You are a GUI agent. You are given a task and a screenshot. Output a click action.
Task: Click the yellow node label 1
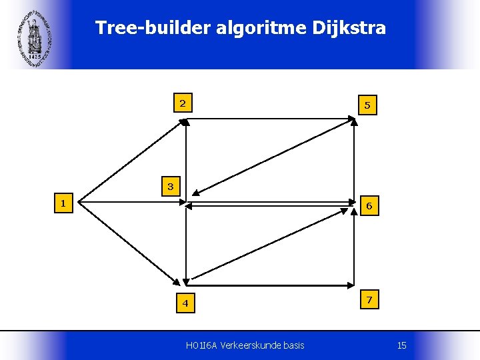point(62,203)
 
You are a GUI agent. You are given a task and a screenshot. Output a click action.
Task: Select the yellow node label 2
point(182,103)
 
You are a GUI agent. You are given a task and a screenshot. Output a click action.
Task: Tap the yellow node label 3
point(171,187)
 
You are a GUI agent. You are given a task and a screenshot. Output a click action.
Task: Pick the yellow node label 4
point(186,304)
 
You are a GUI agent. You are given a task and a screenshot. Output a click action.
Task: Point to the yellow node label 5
point(367,105)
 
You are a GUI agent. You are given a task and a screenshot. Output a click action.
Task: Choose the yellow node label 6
point(369,207)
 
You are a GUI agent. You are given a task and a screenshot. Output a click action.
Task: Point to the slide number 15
point(401,345)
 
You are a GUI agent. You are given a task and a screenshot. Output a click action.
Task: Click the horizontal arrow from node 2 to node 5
point(270,118)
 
